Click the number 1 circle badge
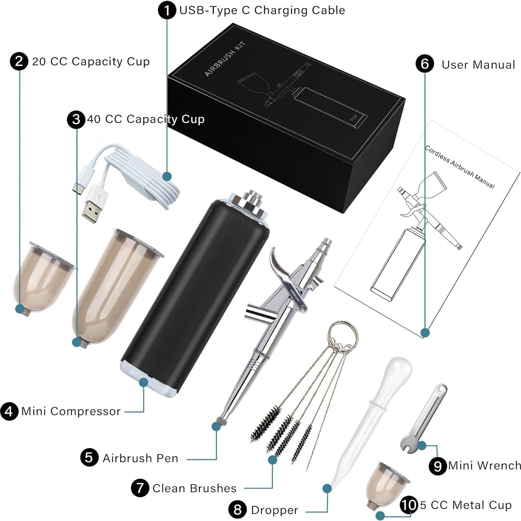pyautogui.click(x=167, y=10)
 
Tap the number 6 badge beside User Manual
pyautogui.click(x=425, y=64)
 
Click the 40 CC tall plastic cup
pyautogui.click(x=115, y=285)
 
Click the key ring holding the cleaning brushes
pyautogui.click(x=342, y=334)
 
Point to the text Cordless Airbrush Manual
pyautogui.click(x=459, y=167)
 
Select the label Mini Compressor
pyautogui.click(x=71, y=411)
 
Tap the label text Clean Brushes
pyautogui.click(x=194, y=488)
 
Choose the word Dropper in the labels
pyautogui.click(x=275, y=510)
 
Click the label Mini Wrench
pyautogui.click(x=484, y=466)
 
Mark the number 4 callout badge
pyautogui.click(x=9, y=411)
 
